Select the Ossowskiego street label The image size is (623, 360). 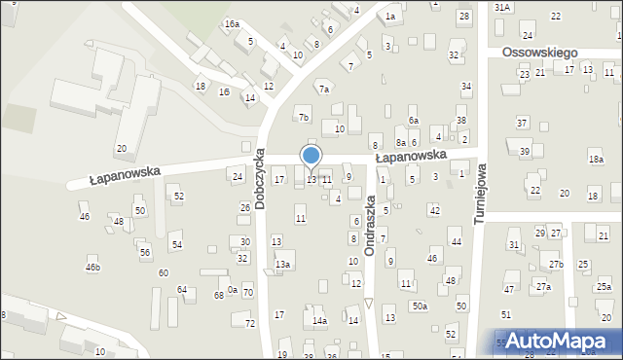(540, 53)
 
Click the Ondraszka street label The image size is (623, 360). (370, 225)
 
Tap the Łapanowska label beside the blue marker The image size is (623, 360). (411, 156)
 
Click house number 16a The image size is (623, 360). (232, 23)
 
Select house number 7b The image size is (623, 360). (304, 118)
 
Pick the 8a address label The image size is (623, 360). (400, 143)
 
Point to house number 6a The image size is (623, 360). (413, 121)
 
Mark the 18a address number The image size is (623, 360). (596, 160)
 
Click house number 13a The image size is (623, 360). (282, 264)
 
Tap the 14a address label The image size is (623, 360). (319, 320)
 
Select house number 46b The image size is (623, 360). (92, 267)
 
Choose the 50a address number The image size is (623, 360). (419, 306)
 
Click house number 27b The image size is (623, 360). (555, 265)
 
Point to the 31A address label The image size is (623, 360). (501, 7)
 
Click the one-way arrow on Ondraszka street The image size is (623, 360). (369, 304)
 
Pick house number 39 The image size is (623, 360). (524, 151)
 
